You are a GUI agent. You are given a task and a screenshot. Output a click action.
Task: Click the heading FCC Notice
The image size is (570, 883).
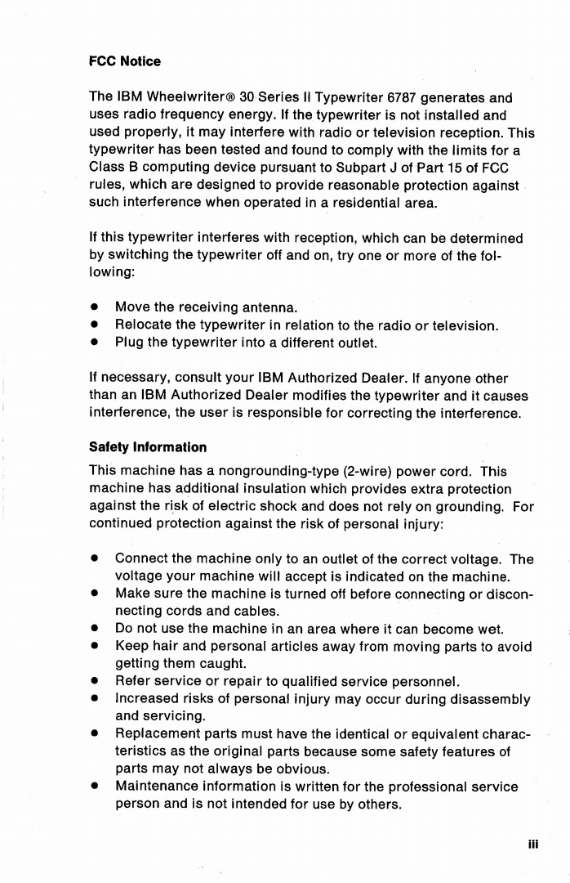[124, 61]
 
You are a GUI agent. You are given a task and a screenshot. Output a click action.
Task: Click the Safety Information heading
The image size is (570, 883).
[147, 447]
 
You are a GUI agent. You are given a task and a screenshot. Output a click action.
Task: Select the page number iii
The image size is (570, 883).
[532, 845]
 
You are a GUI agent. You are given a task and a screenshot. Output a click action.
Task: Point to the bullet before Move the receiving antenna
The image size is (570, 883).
[95, 308]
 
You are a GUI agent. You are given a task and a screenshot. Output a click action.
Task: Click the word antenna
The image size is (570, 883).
[270, 308]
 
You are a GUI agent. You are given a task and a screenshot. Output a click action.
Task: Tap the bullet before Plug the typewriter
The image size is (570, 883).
[95, 343]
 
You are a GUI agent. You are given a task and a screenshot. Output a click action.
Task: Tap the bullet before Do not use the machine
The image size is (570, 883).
[95, 630]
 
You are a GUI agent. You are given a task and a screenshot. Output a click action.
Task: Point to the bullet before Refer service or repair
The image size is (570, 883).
[95, 682]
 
